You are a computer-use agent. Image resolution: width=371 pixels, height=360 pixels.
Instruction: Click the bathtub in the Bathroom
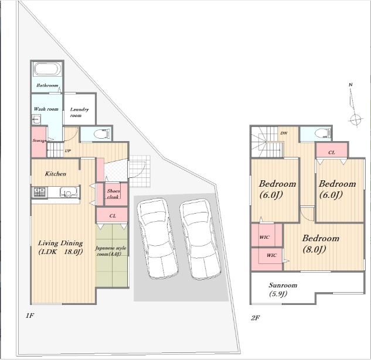tap(47, 69)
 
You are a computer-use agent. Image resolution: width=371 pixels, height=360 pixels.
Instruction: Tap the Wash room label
tap(46, 109)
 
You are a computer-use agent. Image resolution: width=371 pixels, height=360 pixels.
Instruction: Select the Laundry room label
tap(79, 112)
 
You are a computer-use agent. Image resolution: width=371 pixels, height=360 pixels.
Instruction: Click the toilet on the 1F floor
tap(102, 134)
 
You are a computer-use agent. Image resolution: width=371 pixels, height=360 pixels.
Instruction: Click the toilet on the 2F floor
tap(322, 133)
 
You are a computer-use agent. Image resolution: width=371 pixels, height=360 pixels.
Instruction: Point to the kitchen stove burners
tap(39, 191)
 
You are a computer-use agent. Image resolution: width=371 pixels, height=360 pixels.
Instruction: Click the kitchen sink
tap(69, 192)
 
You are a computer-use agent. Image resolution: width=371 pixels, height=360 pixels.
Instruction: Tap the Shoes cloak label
tap(113, 194)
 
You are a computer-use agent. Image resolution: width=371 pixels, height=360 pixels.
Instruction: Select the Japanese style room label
tap(111, 251)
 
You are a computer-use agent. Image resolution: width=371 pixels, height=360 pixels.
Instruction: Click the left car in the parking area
tap(157, 239)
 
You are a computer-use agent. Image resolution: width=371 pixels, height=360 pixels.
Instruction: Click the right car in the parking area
tap(200, 239)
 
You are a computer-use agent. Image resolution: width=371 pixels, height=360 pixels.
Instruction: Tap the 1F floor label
tap(30, 316)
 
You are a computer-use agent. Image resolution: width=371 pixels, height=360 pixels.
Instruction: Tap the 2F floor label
tap(256, 318)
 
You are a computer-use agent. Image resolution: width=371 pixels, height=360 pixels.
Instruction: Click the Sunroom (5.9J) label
tap(282, 289)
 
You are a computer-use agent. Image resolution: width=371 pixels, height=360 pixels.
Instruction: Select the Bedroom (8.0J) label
tap(321, 244)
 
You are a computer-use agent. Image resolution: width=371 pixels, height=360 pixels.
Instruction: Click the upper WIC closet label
tap(264, 237)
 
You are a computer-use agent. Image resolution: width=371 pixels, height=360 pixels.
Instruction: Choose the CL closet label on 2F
tap(332, 152)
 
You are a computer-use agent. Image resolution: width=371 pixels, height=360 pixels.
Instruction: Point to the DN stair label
tap(284, 133)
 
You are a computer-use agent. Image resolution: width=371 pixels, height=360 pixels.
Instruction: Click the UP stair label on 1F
tap(68, 150)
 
